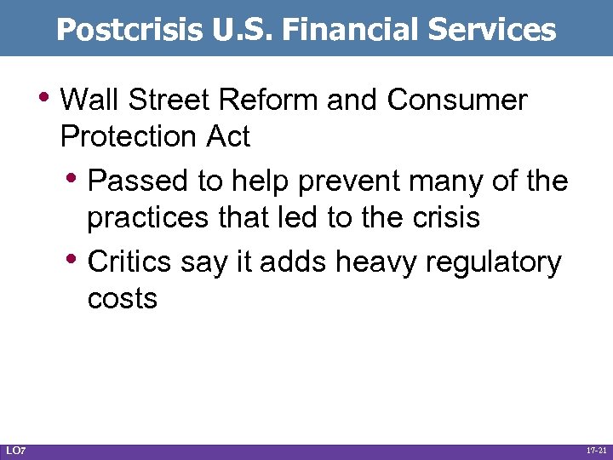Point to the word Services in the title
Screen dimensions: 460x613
(x=492, y=30)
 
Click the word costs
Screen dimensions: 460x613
(x=122, y=299)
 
